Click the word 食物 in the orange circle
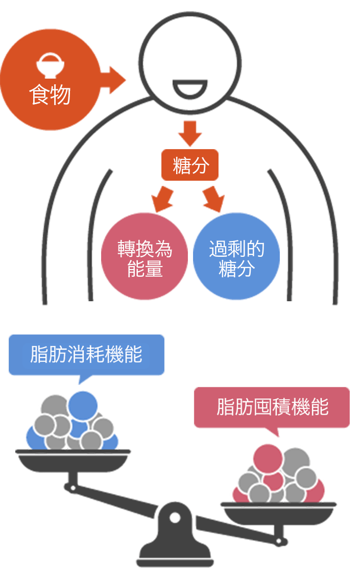(50, 94)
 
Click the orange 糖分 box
(190, 165)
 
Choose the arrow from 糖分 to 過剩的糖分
(214, 198)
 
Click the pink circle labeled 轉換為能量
(145, 258)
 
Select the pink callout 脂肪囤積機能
(272, 407)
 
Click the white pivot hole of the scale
(175, 517)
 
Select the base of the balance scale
(175, 557)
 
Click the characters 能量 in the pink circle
(145, 269)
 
